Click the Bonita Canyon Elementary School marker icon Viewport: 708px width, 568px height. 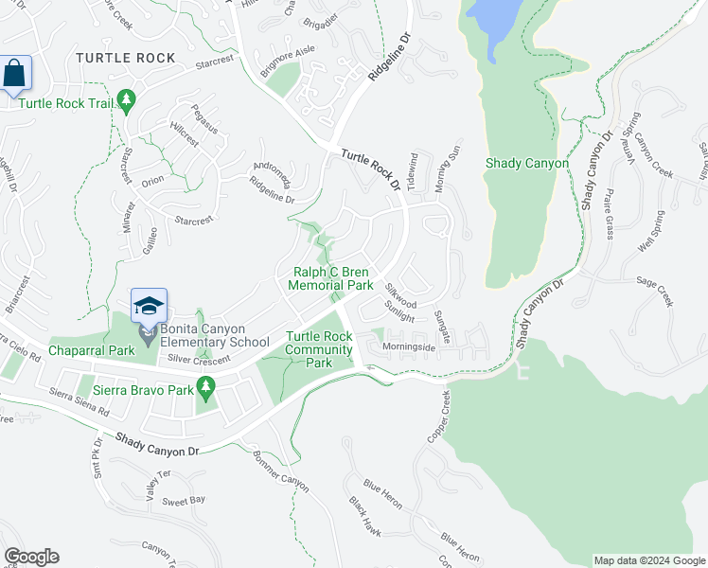point(149,306)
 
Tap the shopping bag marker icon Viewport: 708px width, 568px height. point(15,73)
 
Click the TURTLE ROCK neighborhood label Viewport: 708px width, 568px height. point(126,58)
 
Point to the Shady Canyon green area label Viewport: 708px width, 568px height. point(526,163)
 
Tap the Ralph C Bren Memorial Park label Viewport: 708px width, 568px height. point(330,278)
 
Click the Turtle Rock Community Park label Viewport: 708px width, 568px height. point(321,349)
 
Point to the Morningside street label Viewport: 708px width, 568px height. point(409,347)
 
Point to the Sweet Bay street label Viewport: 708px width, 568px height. point(184,500)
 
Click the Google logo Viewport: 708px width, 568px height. point(31,557)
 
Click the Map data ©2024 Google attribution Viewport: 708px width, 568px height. point(648,560)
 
